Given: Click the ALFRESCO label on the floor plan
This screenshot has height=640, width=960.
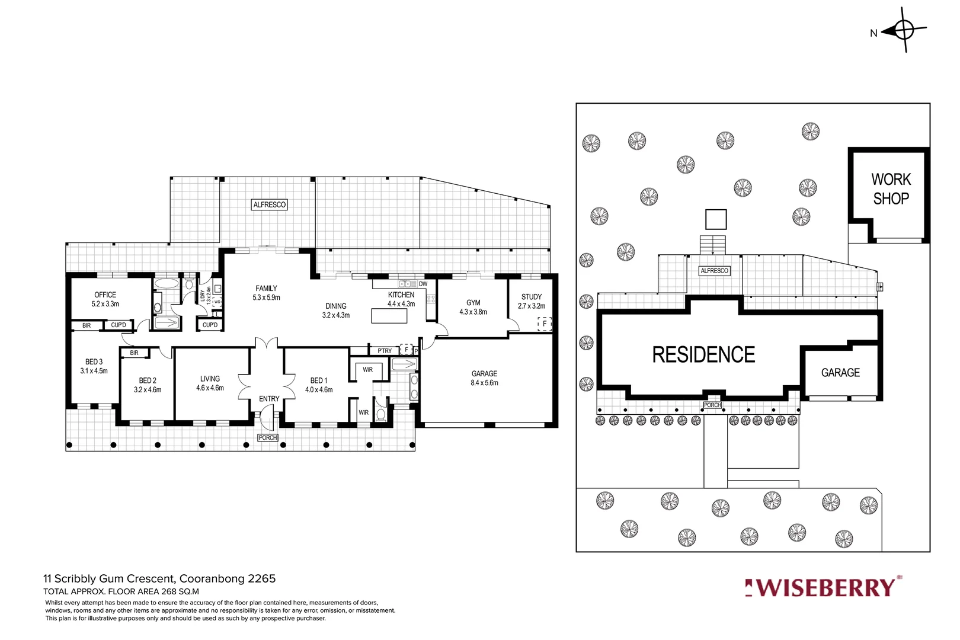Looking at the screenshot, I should click(270, 205).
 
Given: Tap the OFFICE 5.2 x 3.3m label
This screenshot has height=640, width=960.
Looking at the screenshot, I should click(105, 299).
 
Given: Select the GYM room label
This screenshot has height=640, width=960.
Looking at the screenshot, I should click(473, 307).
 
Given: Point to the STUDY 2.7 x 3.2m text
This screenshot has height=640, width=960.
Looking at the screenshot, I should click(532, 301).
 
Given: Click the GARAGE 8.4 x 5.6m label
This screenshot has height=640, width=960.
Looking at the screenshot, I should click(484, 378).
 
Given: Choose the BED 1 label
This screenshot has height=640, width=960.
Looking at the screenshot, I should click(319, 385).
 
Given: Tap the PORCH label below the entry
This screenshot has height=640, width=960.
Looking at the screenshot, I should click(268, 438).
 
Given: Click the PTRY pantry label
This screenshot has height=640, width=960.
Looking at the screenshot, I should click(385, 351).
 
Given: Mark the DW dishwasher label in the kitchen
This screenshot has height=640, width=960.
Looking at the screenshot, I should click(423, 284).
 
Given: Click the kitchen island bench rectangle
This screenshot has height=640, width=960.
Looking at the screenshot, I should click(389, 316).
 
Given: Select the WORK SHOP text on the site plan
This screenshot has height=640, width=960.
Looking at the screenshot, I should click(891, 189).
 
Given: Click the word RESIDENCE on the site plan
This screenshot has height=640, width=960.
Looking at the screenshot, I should click(703, 355).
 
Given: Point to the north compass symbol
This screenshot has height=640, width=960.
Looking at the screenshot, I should click(903, 30).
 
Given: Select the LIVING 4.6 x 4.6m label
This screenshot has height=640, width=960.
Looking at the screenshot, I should click(210, 383).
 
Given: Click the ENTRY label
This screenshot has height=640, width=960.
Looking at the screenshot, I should click(269, 399).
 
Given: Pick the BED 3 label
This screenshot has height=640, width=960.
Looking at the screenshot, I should click(94, 366).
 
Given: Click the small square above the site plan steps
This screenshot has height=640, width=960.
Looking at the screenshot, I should click(716, 219).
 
